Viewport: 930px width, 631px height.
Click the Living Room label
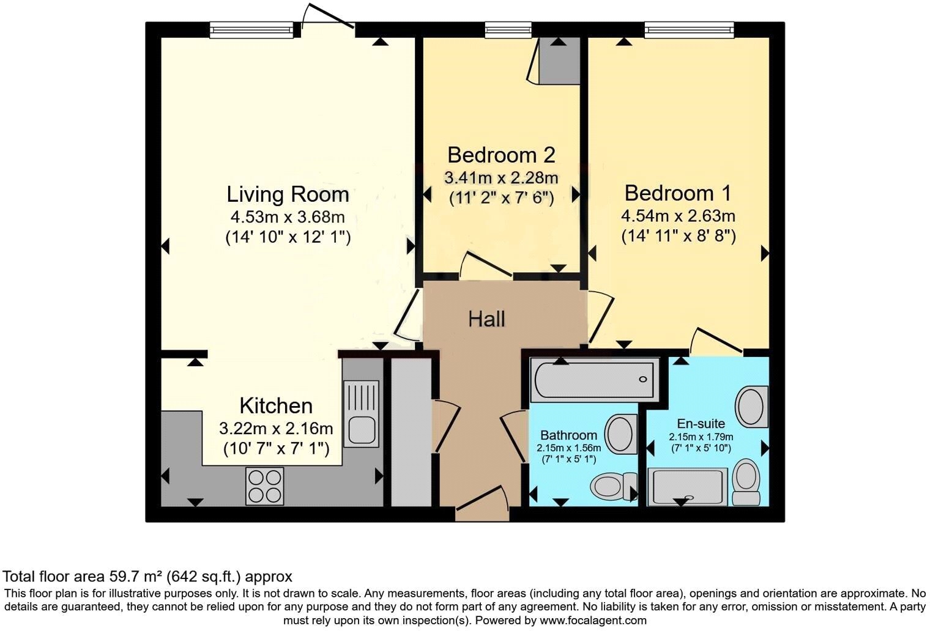point(288,194)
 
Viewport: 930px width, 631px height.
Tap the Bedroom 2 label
point(501,155)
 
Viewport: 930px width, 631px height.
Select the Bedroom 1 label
point(677,193)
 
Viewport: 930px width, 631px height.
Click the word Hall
point(486,319)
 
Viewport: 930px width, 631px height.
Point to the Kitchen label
point(275,405)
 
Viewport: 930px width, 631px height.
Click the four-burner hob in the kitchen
point(264,486)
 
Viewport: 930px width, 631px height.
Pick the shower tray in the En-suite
point(688,487)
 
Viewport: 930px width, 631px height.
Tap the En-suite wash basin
point(751,407)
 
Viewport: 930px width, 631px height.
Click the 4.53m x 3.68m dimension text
point(288,216)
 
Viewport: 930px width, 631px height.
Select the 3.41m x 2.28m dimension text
point(501,178)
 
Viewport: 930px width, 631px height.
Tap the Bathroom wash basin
point(620,434)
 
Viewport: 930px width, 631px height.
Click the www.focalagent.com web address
point(592,620)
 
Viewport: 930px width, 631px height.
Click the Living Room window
point(251,29)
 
